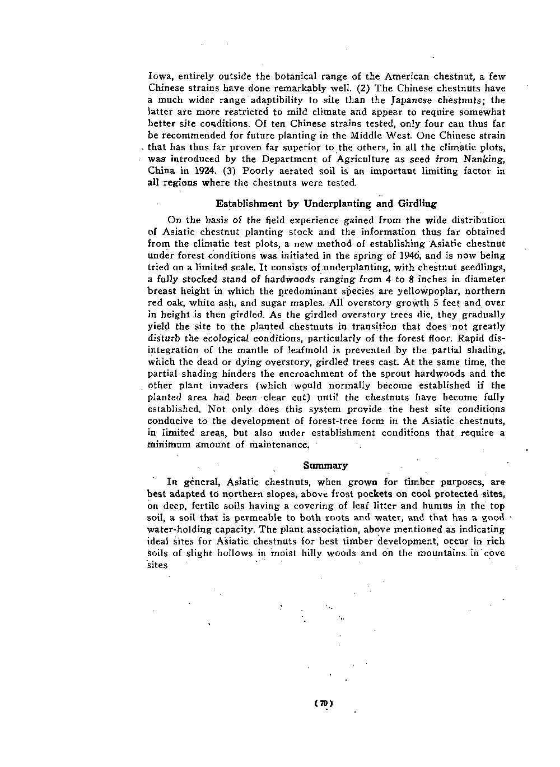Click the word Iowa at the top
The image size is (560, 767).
pos(158,76)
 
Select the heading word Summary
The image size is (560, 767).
pos(325,465)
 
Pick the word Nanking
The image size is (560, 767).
pos(484,159)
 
